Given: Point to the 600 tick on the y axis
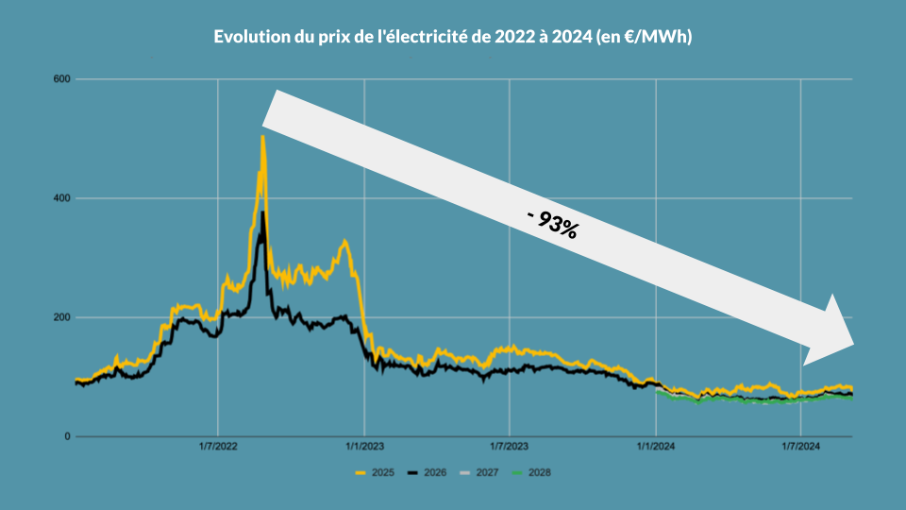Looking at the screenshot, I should click(61, 79).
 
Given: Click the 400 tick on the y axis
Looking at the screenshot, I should click(61, 198).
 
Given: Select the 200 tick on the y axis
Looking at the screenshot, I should click(61, 317).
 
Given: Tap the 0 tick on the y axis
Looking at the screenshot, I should click(66, 436).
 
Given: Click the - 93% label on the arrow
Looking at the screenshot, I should click(552, 224).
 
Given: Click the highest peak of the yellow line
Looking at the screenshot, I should click(262, 138).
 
